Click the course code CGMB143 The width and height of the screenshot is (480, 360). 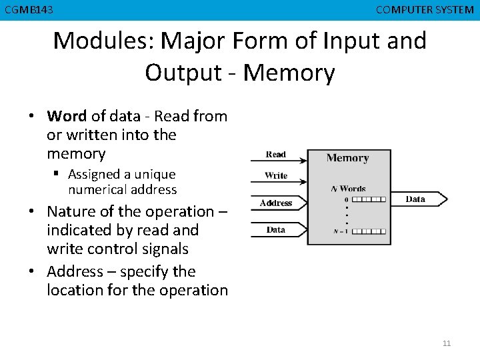tap(29, 10)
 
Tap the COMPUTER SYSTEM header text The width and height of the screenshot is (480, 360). tap(425, 10)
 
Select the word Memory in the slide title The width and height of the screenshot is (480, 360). tap(289, 73)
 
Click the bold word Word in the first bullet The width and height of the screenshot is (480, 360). tap(67, 116)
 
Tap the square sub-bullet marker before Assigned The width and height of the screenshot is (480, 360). tap(56, 173)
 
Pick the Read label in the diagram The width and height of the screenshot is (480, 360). tap(276, 154)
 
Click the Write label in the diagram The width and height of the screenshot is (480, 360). tap(276, 175)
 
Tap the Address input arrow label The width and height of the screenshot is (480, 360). tap(276, 203)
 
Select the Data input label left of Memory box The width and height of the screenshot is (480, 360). tap(276, 229)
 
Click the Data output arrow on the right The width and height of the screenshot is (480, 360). tap(419, 199)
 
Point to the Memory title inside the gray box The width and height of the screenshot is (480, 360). tap(348, 158)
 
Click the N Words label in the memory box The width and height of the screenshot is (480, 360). tap(349, 189)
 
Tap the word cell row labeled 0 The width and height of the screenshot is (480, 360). tap(369, 199)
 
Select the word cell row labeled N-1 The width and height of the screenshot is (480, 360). tap(369, 231)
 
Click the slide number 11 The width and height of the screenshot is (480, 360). tap(447, 343)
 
